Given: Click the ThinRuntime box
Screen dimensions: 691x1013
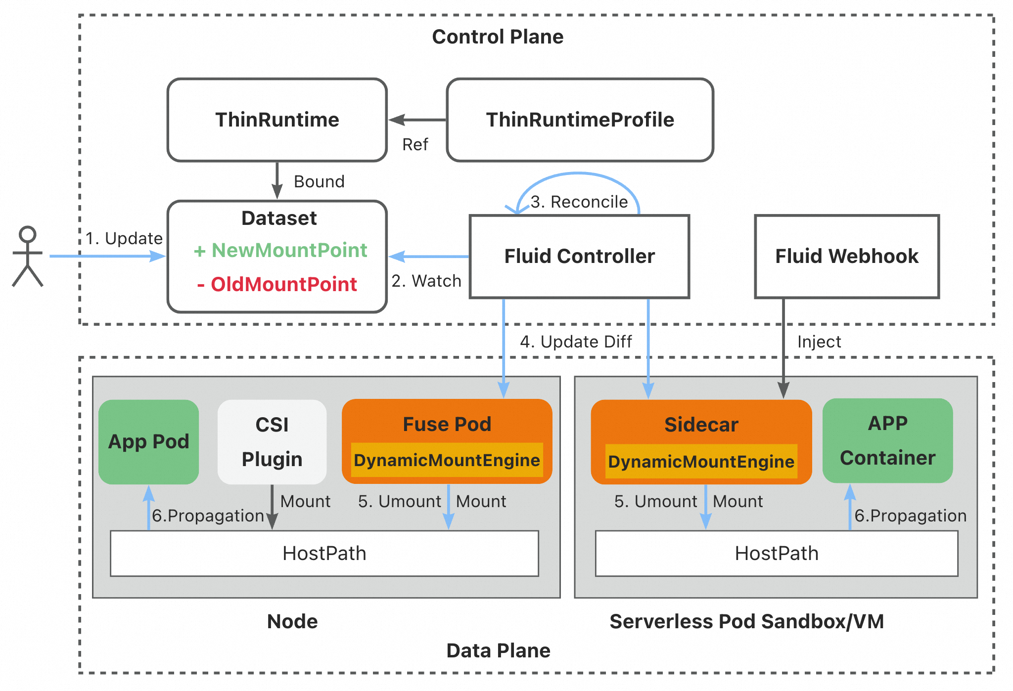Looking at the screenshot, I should tap(277, 120).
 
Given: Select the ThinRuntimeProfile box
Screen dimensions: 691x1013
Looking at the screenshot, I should tap(580, 120).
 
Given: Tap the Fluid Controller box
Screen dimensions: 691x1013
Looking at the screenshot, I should tap(579, 256).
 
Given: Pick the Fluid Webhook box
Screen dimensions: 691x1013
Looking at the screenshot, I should tap(846, 256).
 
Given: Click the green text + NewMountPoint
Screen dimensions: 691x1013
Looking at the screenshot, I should tap(280, 250).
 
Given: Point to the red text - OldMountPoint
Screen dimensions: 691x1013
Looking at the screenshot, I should tap(277, 284).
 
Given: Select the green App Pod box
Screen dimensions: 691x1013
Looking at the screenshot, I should tap(148, 441).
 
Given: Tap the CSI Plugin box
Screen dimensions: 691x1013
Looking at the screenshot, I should tap(272, 441).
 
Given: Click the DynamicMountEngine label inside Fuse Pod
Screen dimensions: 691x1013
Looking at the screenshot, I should tap(447, 460).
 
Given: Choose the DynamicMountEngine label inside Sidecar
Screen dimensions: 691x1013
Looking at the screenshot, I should tap(701, 462).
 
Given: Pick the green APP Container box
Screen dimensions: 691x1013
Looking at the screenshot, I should tap(887, 440).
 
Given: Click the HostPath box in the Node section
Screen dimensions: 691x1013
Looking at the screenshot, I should tap(324, 553).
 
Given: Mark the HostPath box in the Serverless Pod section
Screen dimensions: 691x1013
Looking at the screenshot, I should tap(777, 553).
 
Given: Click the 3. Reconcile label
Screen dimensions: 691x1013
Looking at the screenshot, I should tap(579, 202).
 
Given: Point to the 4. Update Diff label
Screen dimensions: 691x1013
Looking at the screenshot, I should tap(576, 342).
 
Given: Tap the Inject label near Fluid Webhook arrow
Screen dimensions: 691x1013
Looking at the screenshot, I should tap(819, 342).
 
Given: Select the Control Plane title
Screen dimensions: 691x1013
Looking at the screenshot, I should tap(498, 37).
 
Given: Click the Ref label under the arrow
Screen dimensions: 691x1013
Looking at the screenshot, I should tap(415, 144).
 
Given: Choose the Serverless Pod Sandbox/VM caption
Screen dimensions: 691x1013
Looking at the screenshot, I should tap(746, 621).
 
